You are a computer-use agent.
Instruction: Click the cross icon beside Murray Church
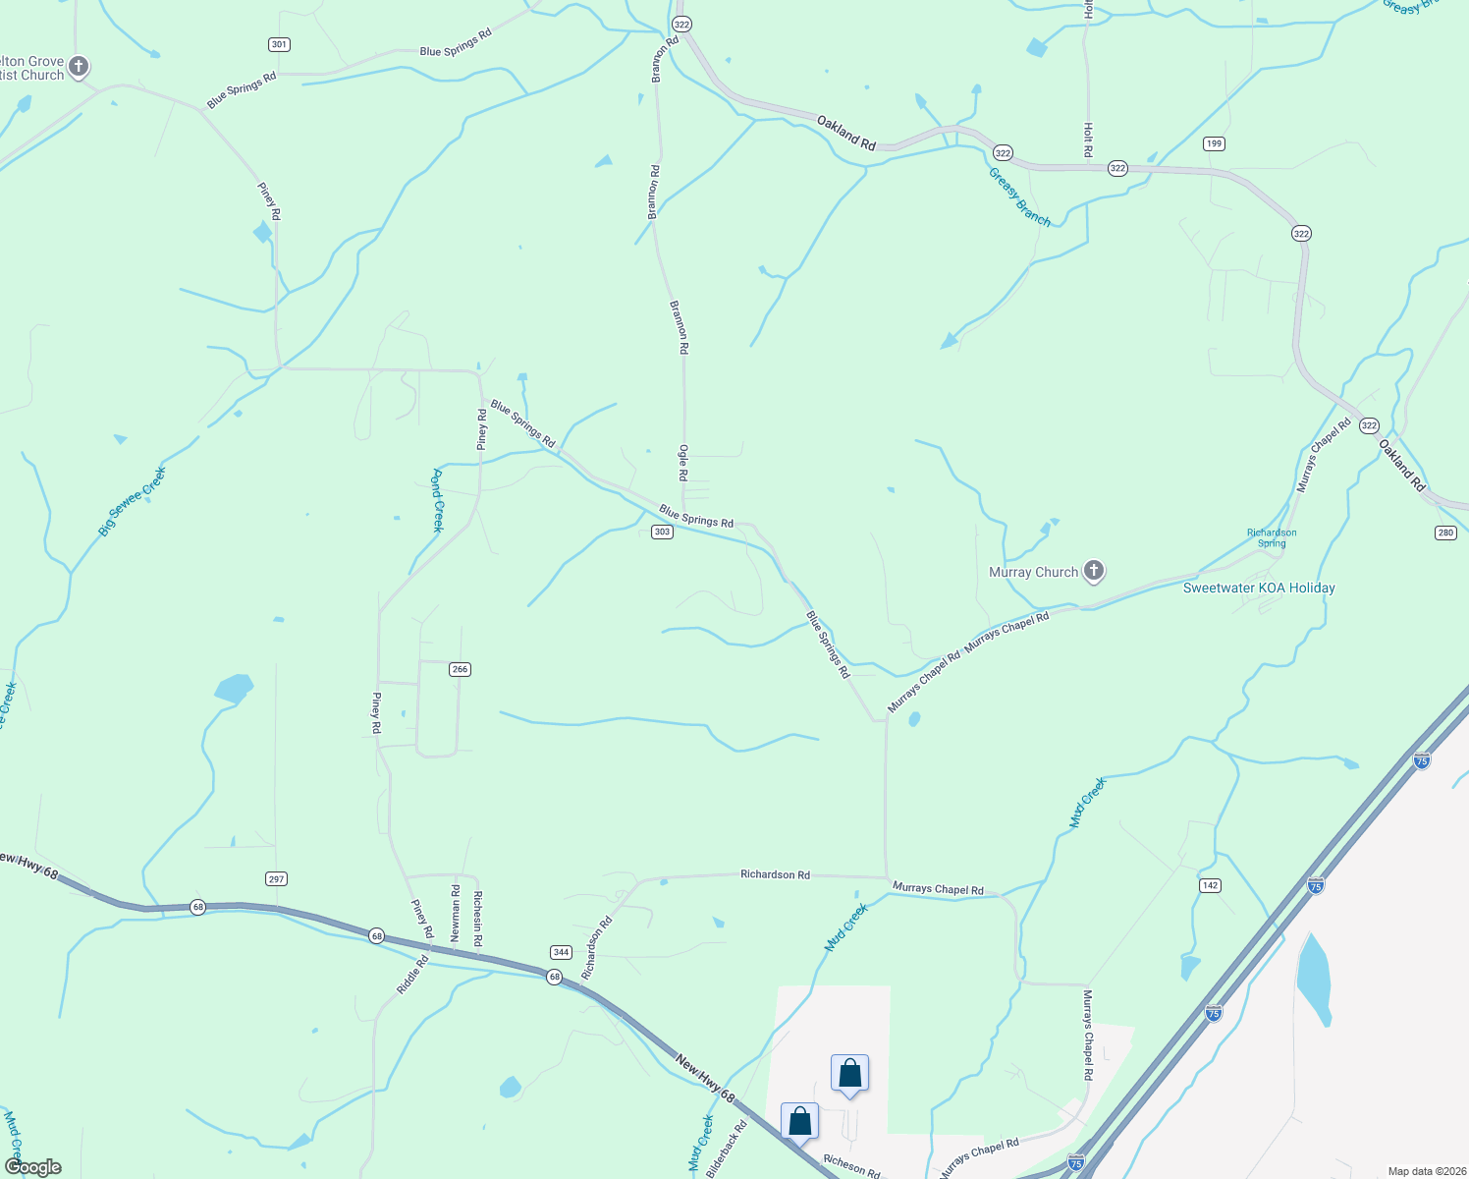point(1093,571)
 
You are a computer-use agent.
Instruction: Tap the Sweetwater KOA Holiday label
point(1259,588)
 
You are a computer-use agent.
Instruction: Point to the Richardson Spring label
point(1272,537)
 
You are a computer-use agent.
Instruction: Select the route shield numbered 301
point(279,44)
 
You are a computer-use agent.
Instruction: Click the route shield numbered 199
point(1215,143)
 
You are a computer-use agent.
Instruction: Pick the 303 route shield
point(662,532)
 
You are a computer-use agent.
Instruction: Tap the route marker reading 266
point(460,669)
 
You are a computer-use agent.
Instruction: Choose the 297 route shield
point(277,878)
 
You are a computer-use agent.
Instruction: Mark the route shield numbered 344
point(561,952)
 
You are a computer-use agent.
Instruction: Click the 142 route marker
point(1210,885)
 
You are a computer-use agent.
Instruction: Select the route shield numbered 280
point(1444,533)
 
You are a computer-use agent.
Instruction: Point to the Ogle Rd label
point(683,462)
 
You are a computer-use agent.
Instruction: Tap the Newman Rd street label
point(455,913)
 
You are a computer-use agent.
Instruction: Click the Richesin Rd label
point(477,919)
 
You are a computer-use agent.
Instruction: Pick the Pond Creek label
point(438,500)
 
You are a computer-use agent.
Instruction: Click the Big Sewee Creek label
point(133,501)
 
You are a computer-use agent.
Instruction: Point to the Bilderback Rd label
point(727,1148)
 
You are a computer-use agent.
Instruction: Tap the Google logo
point(33,1167)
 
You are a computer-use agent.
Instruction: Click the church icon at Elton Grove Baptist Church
point(79,67)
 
